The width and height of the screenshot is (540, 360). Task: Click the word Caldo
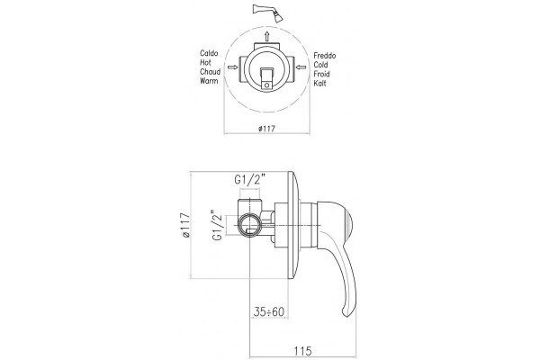pyautogui.click(x=209, y=53)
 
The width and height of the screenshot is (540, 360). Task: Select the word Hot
pyautogui.click(x=205, y=63)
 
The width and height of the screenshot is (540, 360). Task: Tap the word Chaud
pyautogui.click(x=210, y=72)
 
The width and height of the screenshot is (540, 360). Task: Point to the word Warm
pyautogui.click(x=209, y=81)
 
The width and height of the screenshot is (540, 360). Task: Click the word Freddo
pyautogui.click(x=325, y=56)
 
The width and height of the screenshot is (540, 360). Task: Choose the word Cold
pyautogui.click(x=321, y=65)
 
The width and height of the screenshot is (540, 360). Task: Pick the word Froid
pyautogui.click(x=321, y=74)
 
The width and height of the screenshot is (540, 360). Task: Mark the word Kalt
pyautogui.click(x=319, y=84)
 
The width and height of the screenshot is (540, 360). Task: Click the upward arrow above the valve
pyautogui.click(x=267, y=36)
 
